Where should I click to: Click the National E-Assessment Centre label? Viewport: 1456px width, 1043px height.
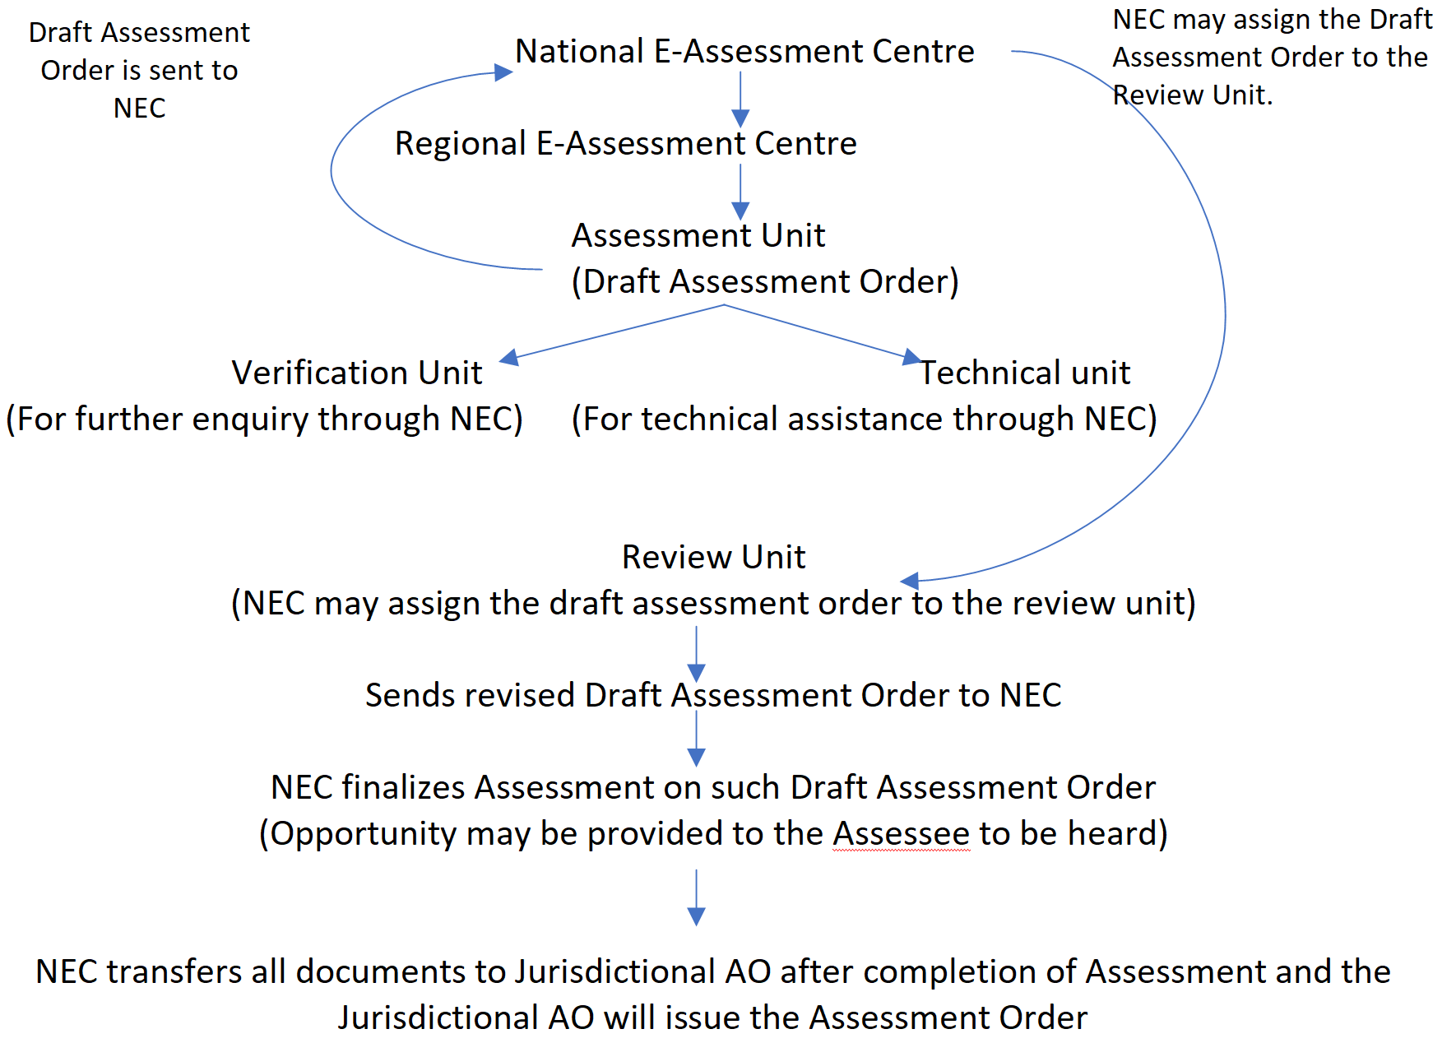click(744, 52)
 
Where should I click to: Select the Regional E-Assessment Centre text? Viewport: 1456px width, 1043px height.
click(625, 144)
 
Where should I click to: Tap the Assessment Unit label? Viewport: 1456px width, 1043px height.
click(698, 236)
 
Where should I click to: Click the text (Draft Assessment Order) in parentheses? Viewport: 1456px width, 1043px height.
click(765, 282)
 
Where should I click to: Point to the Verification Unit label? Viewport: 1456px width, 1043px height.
click(356, 373)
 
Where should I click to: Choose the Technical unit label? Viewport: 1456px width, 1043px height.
click(1025, 373)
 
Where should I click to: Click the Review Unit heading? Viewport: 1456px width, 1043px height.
click(713, 558)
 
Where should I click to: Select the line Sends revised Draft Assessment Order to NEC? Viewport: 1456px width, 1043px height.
click(713, 696)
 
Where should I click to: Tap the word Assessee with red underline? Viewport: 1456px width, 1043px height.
click(901, 834)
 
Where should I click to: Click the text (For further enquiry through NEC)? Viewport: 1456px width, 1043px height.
click(264, 420)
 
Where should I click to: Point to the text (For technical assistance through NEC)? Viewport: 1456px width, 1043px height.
click(864, 420)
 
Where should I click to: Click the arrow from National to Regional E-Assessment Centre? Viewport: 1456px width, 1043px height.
click(740, 99)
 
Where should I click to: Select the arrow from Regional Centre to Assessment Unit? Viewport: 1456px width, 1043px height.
click(740, 191)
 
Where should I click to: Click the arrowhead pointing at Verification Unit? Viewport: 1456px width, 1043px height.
click(509, 358)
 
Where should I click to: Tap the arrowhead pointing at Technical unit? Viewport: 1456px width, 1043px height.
click(911, 357)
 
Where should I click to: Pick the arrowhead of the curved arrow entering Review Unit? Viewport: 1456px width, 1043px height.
click(910, 581)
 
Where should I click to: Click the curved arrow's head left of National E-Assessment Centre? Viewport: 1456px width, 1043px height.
click(503, 72)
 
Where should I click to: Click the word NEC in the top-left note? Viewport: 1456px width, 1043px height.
click(139, 109)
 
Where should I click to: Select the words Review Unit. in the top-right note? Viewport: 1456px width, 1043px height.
click(1192, 95)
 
